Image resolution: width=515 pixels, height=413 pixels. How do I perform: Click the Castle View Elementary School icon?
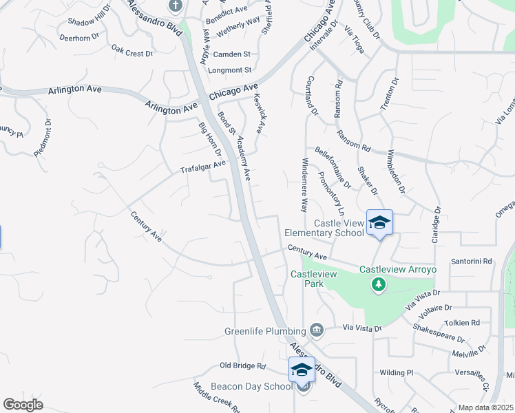pos(379,222)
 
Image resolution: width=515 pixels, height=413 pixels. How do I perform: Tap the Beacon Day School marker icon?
pos(302,370)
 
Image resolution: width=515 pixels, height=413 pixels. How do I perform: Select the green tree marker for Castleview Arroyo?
pos(378,284)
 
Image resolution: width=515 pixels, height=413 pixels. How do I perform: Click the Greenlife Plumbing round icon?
pos(316,330)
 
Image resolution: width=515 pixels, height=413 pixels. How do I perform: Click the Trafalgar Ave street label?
pos(202,167)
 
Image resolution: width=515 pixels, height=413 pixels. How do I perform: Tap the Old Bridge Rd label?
pos(242,366)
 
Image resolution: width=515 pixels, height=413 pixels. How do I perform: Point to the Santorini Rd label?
pos(472,262)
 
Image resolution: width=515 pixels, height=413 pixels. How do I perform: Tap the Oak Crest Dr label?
pos(132,52)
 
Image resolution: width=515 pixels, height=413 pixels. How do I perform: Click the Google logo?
pos(23,405)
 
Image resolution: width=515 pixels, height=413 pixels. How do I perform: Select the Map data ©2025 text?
pos(485,407)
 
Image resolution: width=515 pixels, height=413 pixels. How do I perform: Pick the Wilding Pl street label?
pos(396,372)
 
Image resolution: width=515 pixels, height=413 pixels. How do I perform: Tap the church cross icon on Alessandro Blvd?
pos(176,6)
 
